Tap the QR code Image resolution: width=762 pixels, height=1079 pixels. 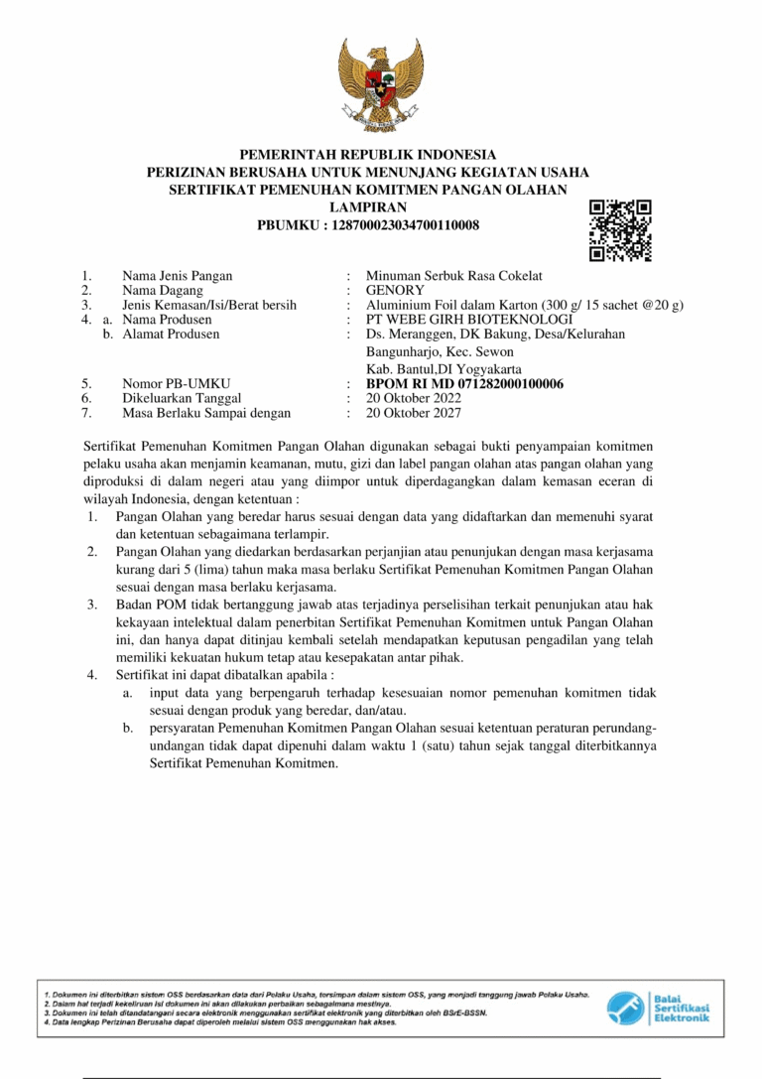620,230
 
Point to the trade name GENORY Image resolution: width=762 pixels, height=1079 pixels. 395,291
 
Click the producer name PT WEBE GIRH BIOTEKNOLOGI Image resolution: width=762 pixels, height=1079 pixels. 469,320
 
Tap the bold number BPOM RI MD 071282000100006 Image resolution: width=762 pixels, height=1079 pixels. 465,383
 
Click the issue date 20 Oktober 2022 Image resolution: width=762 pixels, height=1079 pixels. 414,398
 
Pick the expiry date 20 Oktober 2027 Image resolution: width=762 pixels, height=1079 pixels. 414,413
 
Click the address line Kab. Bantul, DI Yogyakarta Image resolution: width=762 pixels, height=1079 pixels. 444,368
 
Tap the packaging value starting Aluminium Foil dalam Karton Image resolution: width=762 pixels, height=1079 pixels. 525,306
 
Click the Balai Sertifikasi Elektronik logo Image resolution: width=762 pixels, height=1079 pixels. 659,1009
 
